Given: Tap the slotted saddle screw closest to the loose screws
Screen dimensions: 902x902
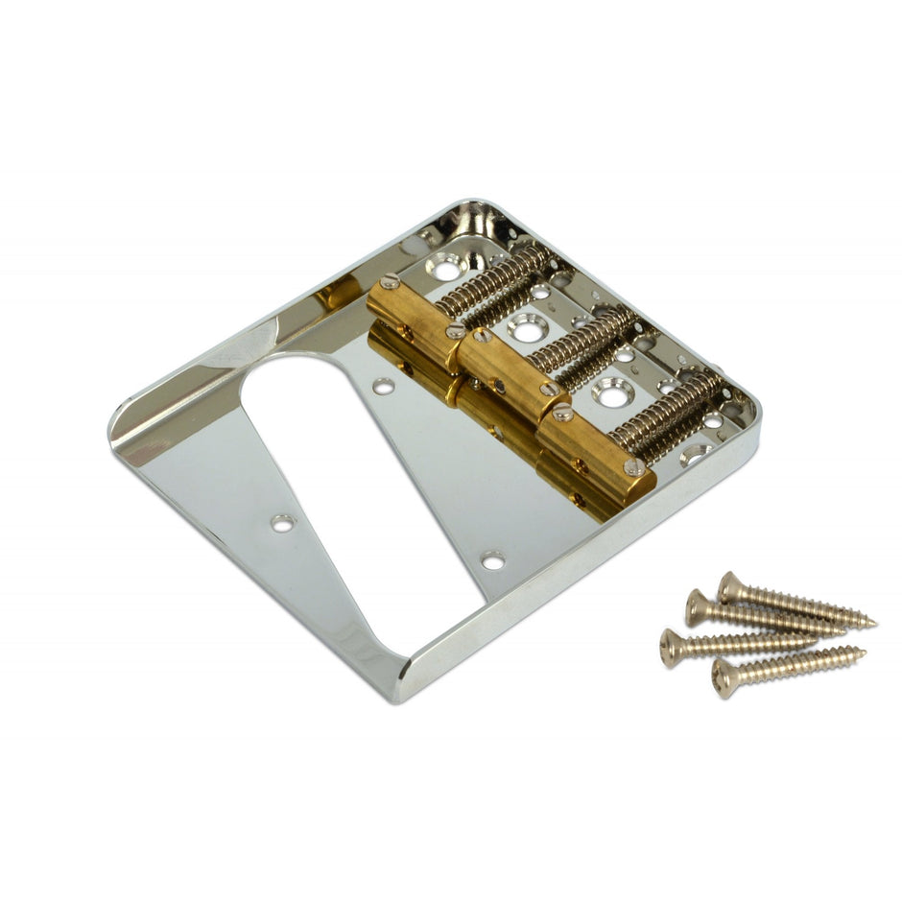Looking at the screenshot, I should click(634, 466).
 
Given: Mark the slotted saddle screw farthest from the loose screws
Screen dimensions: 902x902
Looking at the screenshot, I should click(389, 282).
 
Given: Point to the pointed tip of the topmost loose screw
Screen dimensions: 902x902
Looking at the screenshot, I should click(874, 624).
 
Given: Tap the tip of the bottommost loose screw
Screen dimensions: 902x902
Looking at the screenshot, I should click(863, 653).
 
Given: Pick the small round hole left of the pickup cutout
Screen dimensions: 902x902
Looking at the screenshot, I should click(283, 523).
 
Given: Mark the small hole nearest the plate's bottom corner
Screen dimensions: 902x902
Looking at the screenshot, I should click(493, 560).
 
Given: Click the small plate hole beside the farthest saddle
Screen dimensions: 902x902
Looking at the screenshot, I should click(383, 387).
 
